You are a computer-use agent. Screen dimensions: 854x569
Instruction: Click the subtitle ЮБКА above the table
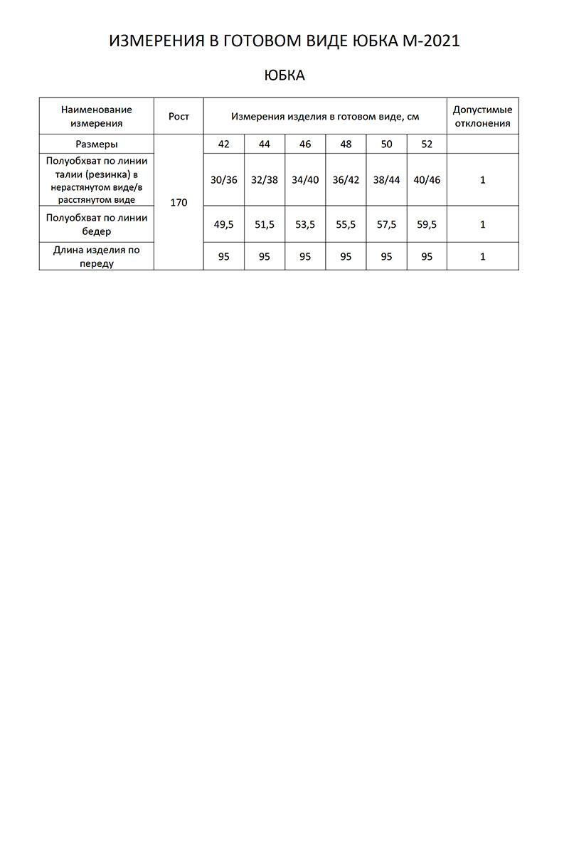[284, 75]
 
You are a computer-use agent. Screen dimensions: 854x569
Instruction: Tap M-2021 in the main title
[426, 42]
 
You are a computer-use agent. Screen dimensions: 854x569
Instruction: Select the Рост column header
[179, 116]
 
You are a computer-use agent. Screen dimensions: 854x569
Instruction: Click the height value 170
[179, 203]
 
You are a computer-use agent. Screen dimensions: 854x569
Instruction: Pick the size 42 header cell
[224, 144]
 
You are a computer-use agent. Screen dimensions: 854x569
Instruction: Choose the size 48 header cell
[346, 144]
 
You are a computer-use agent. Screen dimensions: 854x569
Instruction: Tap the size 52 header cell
[427, 144]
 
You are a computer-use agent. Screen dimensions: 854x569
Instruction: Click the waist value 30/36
[224, 180]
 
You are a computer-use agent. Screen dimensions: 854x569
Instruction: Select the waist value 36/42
[346, 180]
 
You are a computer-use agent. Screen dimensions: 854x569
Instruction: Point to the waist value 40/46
[427, 180]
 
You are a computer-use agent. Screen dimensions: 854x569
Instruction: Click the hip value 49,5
[224, 224]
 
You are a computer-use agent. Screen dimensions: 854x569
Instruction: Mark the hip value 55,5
[346, 224]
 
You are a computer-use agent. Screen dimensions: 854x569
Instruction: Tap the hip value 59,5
[427, 224]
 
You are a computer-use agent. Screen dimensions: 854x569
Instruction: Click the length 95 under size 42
[224, 257]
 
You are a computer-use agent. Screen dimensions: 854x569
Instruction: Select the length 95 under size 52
[427, 257]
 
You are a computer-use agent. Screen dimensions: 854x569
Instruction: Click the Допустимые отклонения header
[482, 116]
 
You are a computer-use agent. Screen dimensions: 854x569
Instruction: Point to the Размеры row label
[97, 144]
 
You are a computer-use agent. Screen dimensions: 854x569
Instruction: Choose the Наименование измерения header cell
[97, 116]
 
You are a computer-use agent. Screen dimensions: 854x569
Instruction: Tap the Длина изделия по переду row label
[97, 257]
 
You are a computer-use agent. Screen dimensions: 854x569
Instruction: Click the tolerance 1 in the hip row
[482, 224]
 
